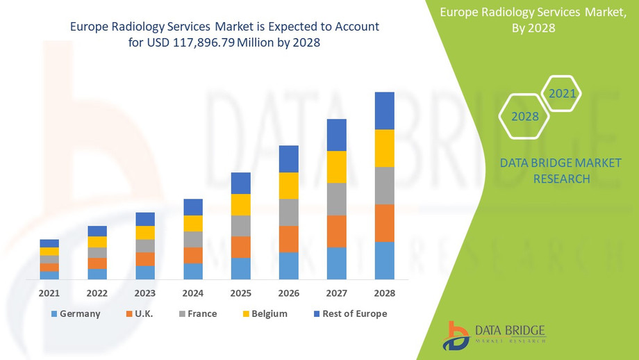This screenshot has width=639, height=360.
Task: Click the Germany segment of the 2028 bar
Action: click(384, 261)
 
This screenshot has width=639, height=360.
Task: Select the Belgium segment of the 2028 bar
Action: click(384, 148)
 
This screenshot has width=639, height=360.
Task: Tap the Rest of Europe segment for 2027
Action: click(336, 135)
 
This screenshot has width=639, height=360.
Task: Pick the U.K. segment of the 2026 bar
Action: click(288, 239)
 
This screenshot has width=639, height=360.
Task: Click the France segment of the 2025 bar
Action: click(240, 226)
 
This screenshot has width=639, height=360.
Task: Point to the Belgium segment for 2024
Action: click(193, 223)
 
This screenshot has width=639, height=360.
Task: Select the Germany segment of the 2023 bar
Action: click(145, 272)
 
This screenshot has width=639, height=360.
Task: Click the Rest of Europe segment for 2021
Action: click(49, 243)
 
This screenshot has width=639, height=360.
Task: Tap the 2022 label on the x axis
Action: click(97, 293)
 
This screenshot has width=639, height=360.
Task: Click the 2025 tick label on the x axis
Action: click(240, 293)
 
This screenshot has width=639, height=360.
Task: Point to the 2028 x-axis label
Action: click(384, 293)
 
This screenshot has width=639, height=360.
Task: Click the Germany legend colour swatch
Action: click(54, 314)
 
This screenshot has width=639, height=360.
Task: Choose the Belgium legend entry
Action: click(264, 314)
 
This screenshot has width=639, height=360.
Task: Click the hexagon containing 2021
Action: click(561, 93)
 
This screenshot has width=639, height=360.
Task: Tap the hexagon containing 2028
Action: click(525, 116)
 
